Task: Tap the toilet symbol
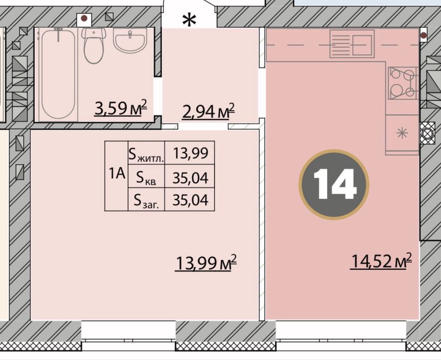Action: point(93,45)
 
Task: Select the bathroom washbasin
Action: point(130,40)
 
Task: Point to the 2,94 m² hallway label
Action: point(209,111)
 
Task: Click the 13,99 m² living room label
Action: point(206,263)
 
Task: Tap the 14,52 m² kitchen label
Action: point(381,261)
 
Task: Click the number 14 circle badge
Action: point(334,184)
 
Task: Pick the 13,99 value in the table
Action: point(191,153)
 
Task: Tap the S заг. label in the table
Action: point(146,201)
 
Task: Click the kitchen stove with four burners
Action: point(402,83)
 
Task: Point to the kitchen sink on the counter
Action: point(352,44)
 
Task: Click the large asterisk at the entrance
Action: point(189,20)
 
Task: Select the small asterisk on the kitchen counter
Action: point(402,133)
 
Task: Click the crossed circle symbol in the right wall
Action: point(427,133)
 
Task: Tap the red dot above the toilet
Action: point(84,19)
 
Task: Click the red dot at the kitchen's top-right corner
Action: point(423,36)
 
